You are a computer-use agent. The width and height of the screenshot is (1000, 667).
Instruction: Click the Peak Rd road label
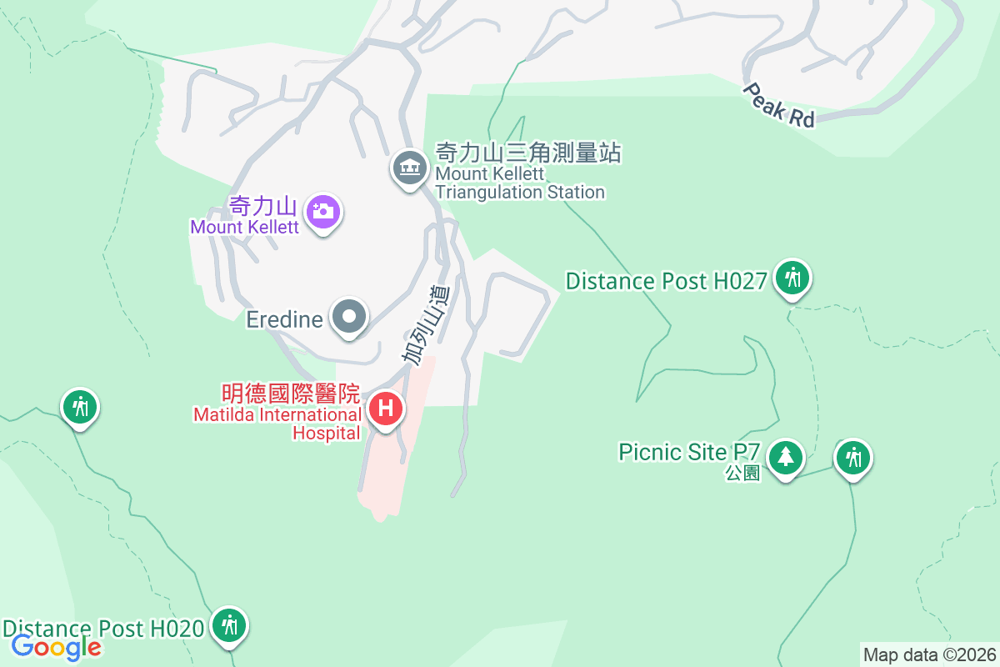tap(779, 105)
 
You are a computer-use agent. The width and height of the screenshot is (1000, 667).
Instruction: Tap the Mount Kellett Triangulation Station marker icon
tap(409, 168)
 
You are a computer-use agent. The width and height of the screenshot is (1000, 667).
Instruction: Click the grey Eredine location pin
tap(349, 317)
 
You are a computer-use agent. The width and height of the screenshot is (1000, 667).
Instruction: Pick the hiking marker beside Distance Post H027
tap(792, 277)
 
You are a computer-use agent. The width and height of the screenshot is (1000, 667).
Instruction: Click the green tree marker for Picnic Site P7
tap(785, 457)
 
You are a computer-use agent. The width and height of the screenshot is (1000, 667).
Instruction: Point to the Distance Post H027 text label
tap(666, 281)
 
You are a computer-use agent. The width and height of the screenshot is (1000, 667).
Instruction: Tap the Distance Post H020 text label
tap(103, 628)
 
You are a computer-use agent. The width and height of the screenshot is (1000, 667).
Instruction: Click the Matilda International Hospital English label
tap(278, 423)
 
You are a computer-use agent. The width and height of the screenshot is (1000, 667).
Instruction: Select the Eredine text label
tap(284, 319)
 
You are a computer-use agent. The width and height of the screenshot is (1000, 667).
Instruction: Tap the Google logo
tap(57, 646)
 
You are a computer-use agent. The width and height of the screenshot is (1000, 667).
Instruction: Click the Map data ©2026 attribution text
tap(929, 654)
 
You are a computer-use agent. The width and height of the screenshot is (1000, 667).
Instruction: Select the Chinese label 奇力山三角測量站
tap(529, 153)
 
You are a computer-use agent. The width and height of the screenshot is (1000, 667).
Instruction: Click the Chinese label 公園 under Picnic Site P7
tap(742, 473)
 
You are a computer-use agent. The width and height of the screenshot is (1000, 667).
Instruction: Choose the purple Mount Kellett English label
tap(244, 227)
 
